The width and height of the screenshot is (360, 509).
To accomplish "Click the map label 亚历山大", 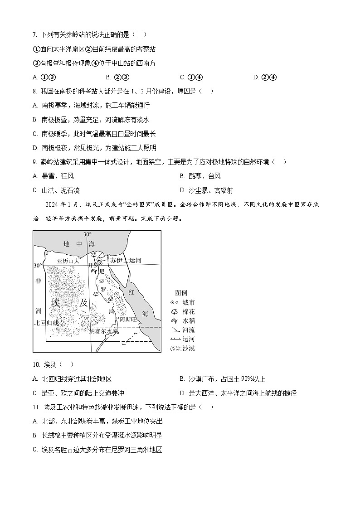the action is click(68, 261).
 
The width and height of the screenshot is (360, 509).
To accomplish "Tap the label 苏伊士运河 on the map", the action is click(126, 260).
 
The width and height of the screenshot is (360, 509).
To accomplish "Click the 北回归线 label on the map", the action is click(46, 323).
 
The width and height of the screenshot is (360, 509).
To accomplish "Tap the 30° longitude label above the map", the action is click(88, 234).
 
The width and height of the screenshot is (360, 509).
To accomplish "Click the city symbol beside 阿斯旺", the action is click(117, 319).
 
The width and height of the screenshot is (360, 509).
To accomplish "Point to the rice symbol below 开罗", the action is click(94, 271).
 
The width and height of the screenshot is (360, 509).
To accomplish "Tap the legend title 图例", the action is click(181, 293).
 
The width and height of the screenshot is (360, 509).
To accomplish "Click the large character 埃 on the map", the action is click(56, 302).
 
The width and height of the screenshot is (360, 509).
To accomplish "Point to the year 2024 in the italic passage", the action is click(52, 204).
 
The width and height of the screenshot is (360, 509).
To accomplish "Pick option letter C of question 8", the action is click(35, 134).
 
